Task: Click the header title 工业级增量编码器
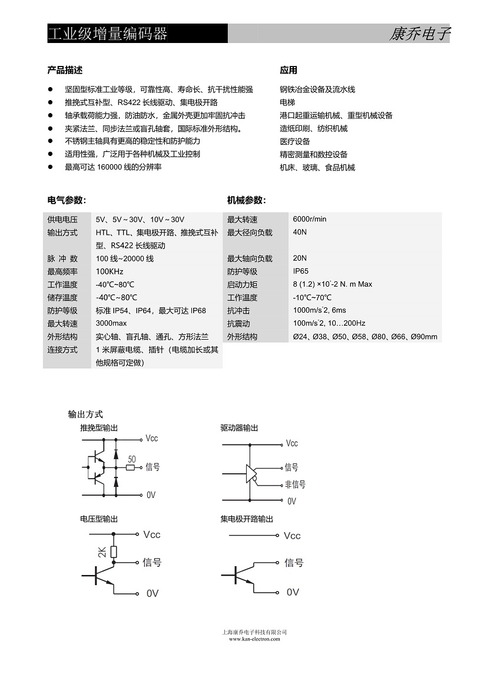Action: coord(108,34)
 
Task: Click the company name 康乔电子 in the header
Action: coord(419,34)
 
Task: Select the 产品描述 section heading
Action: coord(65,70)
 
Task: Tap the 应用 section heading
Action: coord(289,70)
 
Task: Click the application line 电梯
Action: coord(287,102)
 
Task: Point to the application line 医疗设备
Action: coord(295,141)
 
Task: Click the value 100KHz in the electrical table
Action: coord(110,271)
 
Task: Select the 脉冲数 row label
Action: coord(62,258)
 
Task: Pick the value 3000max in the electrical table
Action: coord(111,323)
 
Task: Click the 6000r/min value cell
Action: coord(309,219)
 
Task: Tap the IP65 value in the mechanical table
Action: coord(300,271)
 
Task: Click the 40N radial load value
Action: coord(300,232)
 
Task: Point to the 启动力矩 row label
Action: coord(242,284)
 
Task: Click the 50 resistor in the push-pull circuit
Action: coord(131,468)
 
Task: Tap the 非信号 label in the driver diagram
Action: coord(295,484)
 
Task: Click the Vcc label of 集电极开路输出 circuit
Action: coord(292,536)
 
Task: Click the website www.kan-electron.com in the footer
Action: coord(254,639)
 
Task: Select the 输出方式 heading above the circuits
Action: coord(85,414)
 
